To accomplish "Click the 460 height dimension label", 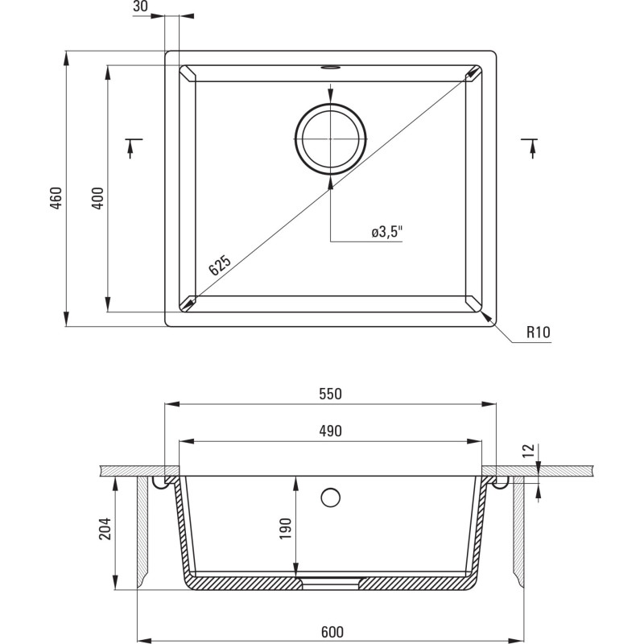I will (x=56, y=198).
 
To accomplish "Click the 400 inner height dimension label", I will (x=97, y=198).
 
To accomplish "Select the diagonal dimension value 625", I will (x=220, y=266).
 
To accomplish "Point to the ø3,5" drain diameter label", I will (x=386, y=233).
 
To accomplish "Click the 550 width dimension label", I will (x=330, y=394).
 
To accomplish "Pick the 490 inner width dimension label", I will (x=330, y=431).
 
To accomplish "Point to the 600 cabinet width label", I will (x=330, y=632).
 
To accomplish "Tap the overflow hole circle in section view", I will (x=330, y=497).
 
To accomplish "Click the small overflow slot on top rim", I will (x=330, y=68).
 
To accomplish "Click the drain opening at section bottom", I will (x=330, y=580).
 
